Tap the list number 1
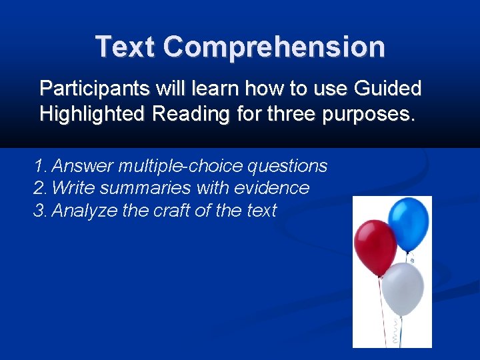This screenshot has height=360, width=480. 40,166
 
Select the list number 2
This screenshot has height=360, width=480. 40,188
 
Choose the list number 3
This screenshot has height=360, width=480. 40,211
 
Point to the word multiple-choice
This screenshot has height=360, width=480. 181,166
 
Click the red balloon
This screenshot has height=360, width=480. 375,247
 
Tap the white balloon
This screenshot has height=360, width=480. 403,288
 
